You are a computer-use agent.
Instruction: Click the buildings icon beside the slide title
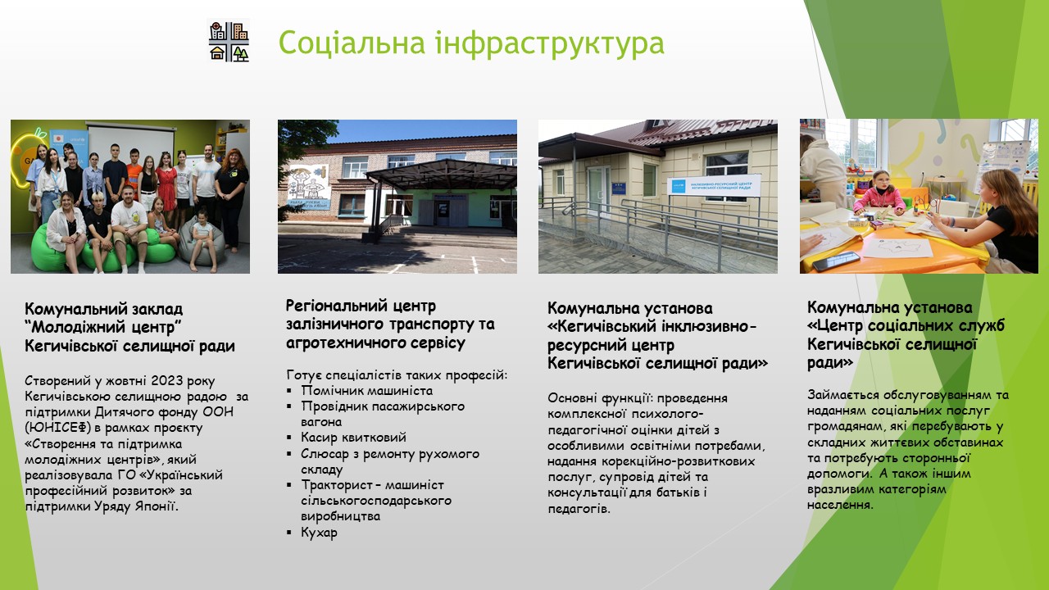coord(229,41)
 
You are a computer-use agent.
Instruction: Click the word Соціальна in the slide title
coord(352,43)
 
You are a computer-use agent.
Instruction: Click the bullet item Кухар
coord(319,533)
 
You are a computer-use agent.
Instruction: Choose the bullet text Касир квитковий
coord(353,438)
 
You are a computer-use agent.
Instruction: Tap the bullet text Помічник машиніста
coord(366,391)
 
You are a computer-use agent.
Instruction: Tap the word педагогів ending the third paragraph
coord(579,509)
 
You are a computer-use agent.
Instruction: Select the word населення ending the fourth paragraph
coord(840,506)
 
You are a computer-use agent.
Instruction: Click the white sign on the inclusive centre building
coord(714,185)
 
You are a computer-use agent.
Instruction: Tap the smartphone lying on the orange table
coord(836,261)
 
